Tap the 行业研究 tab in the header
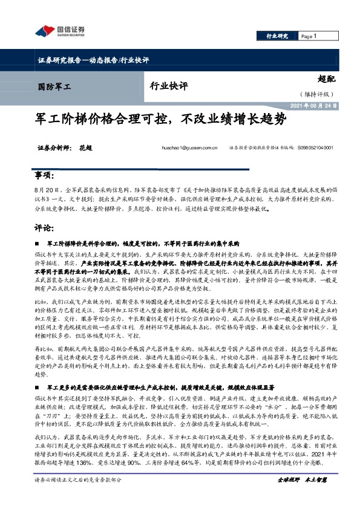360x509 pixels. point(278,36)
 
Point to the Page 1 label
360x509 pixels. point(309,36)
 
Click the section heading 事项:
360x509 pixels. point(41,175)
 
